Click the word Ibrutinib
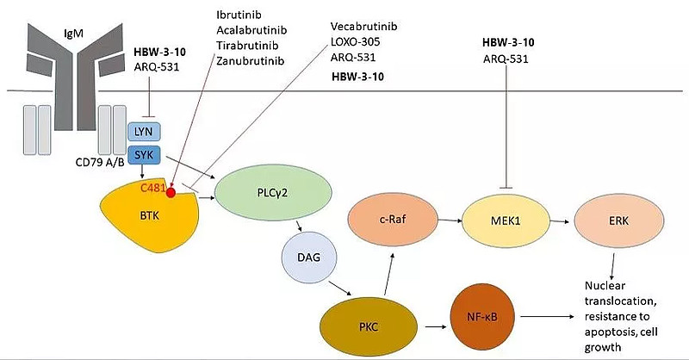click(x=242, y=15)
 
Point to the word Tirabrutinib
click(x=246, y=47)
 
